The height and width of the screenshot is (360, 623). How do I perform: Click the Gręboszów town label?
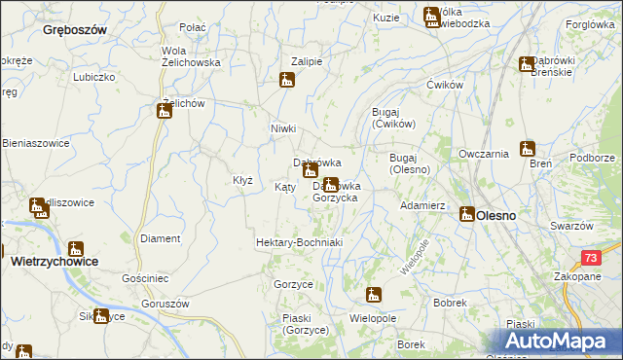tap(74, 30)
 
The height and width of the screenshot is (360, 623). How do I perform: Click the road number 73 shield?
tap(591, 257)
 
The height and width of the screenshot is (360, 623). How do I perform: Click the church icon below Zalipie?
tap(287, 81)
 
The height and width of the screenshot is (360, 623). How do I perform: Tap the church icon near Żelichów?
tap(164, 112)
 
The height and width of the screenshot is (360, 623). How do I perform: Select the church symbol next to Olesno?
tap(465, 214)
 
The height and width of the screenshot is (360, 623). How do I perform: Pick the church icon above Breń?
tap(528, 149)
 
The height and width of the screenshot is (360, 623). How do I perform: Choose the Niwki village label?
tap(282, 128)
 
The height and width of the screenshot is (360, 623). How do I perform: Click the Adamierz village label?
tap(422, 206)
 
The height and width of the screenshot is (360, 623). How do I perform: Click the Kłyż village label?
tap(242, 180)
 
